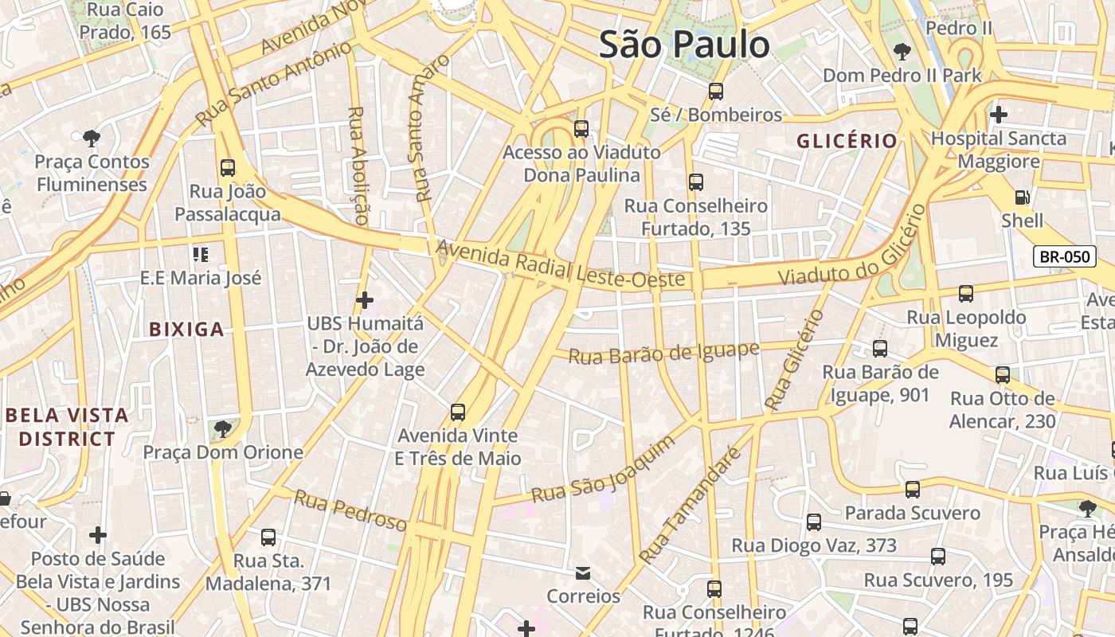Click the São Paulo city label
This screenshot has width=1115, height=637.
point(684,45)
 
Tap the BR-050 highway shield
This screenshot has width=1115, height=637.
point(1065,256)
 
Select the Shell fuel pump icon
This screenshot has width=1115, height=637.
point(1022,197)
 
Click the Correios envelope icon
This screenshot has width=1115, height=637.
point(583,573)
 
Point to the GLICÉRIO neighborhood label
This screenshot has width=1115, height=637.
point(847,141)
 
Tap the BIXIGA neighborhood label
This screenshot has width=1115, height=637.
point(186,329)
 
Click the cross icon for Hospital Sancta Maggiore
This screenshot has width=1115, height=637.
point(999,115)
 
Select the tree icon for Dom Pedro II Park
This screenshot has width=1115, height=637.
point(902,53)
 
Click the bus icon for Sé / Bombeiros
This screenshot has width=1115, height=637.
point(716,92)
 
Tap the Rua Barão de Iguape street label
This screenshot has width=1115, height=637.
point(663,353)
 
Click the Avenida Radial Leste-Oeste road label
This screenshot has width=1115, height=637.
point(560,265)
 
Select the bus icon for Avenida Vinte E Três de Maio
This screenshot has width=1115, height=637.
point(457,412)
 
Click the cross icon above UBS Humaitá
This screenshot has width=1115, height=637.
point(365,300)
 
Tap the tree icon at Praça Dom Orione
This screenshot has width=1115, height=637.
point(223,429)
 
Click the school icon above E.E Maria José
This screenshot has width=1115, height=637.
point(200,255)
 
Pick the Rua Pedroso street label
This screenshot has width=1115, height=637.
point(350,510)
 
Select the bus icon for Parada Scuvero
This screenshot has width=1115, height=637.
point(913,490)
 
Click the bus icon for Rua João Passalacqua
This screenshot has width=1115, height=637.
point(228,168)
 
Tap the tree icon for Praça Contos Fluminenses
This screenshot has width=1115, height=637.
point(92,139)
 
